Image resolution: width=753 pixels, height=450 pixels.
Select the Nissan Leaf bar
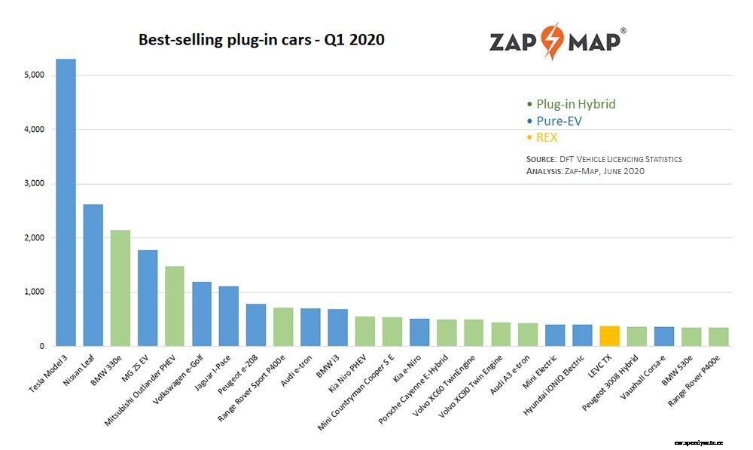click(x=93, y=275)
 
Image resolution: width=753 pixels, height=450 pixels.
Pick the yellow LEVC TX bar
click(x=609, y=336)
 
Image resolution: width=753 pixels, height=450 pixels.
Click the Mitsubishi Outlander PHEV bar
click(x=174, y=306)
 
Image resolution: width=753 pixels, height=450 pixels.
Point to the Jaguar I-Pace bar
click(x=229, y=316)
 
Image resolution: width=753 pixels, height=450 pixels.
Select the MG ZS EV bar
click(x=148, y=298)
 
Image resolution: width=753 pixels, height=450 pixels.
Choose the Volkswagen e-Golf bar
click(x=202, y=314)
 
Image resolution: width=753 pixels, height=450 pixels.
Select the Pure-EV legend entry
click(x=559, y=121)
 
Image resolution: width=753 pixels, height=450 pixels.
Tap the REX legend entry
click(x=547, y=137)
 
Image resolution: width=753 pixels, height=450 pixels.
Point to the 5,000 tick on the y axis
click(x=35, y=75)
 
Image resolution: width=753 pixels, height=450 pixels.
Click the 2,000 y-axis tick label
click(x=35, y=238)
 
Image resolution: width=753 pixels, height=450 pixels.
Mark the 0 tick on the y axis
click(x=42, y=347)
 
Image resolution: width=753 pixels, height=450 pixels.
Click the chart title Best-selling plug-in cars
click(x=261, y=40)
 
